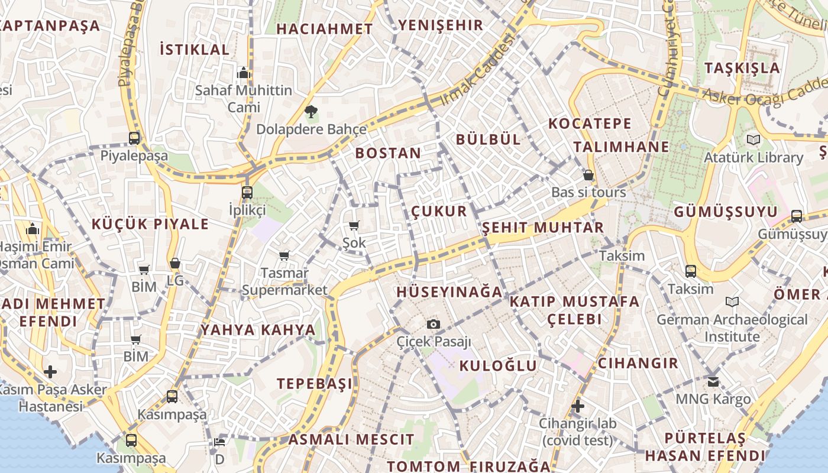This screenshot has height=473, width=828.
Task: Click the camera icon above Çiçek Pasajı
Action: (x=434, y=324)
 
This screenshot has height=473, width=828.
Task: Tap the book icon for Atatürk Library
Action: (x=753, y=140)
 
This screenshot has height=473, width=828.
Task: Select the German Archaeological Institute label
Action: (x=732, y=328)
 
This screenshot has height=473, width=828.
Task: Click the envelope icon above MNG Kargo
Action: (x=713, y=381)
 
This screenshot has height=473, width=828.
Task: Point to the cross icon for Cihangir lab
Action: (x=578, y=406)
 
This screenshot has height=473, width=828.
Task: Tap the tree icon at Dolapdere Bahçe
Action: (x=310, y=111)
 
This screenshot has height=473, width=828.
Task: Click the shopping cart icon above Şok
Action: (x=354, y=225)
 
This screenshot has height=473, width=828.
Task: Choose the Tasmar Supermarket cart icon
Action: (x=284, y=255)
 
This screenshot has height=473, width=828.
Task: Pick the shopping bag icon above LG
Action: (x=174, y=263)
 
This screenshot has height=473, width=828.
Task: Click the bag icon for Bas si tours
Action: (x=588, y=175)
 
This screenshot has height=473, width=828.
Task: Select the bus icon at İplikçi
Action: (x=247, y=192)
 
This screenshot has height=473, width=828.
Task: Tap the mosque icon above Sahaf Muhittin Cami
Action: (x=243, y=73)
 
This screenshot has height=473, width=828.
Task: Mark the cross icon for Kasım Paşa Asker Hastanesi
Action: (x=51, y=372)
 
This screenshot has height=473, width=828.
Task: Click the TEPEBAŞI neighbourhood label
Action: (x=315, y=383)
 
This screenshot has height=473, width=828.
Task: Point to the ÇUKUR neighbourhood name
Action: (x=439, y=212)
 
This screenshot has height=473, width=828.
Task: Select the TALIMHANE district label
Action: (x=621, y=147)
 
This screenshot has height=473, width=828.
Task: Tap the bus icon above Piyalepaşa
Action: (x=134, y=138)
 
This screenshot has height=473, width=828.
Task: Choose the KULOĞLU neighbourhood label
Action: (x=498, y=365)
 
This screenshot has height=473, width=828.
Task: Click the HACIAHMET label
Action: (x=325, y=28)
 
